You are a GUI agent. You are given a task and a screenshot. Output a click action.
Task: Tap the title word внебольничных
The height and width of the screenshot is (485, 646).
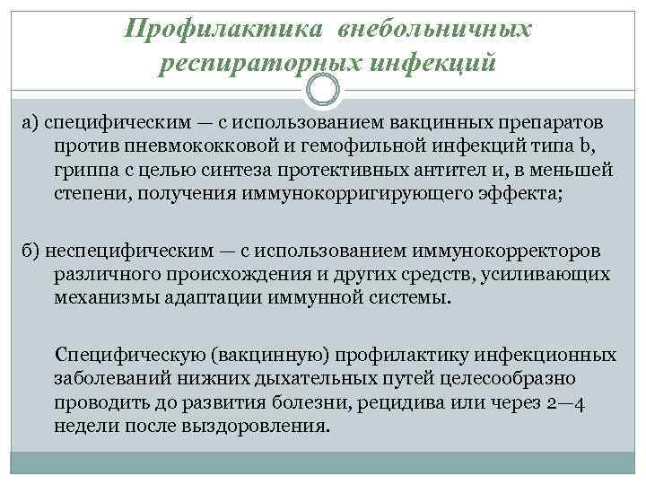click(x=435, y=30)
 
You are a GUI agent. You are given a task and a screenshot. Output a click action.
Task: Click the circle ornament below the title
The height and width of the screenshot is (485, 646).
click(x=323, y=89)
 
